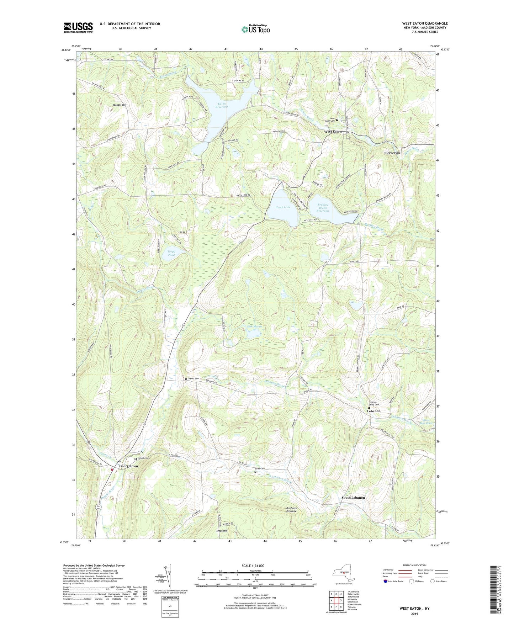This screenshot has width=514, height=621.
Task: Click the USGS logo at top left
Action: point(78,27)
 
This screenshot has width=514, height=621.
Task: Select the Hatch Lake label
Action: point(282,207)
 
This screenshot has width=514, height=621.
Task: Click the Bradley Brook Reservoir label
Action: point(323,208)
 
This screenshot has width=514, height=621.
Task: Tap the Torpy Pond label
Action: point(171,253)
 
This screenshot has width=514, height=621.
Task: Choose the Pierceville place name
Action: point(392,153)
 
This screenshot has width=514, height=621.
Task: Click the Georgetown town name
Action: point(128,466)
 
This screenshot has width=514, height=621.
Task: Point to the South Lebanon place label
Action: point(353,498)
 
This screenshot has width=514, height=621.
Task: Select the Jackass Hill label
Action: point(120,105)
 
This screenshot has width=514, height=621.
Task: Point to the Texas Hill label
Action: point(222,531)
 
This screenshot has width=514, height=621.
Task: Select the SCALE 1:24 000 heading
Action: point(253,566)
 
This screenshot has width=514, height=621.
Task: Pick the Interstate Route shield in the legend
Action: point(386,582)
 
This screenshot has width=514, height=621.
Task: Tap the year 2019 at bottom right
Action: point(414,614)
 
